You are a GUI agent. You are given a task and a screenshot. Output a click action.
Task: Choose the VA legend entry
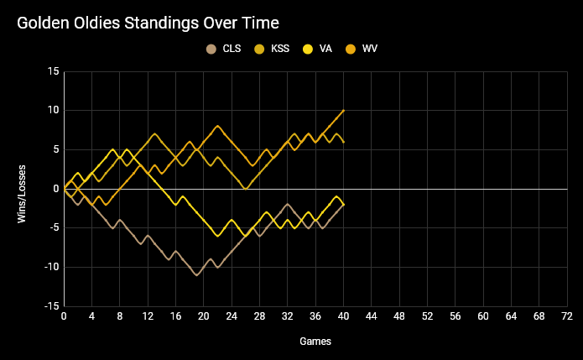[325, 50]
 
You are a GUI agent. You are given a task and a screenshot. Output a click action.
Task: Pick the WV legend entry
[369, 50]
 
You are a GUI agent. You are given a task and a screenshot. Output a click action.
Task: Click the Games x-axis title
[315, 342]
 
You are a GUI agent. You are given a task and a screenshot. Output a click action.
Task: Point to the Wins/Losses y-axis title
[23, 189]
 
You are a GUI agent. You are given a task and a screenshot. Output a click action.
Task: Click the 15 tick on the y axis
[53, 71]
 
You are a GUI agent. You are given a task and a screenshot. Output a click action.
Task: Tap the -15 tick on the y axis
[51, 306]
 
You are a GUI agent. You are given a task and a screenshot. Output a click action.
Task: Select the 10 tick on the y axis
[53, 111]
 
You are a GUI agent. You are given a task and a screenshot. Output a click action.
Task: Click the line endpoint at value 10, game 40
[344, 111]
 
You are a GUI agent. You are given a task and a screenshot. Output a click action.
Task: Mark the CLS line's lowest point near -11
[197, 275]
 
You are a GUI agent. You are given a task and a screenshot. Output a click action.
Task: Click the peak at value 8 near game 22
[218, 126]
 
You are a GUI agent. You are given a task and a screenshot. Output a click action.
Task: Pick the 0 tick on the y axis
[55, 189]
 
